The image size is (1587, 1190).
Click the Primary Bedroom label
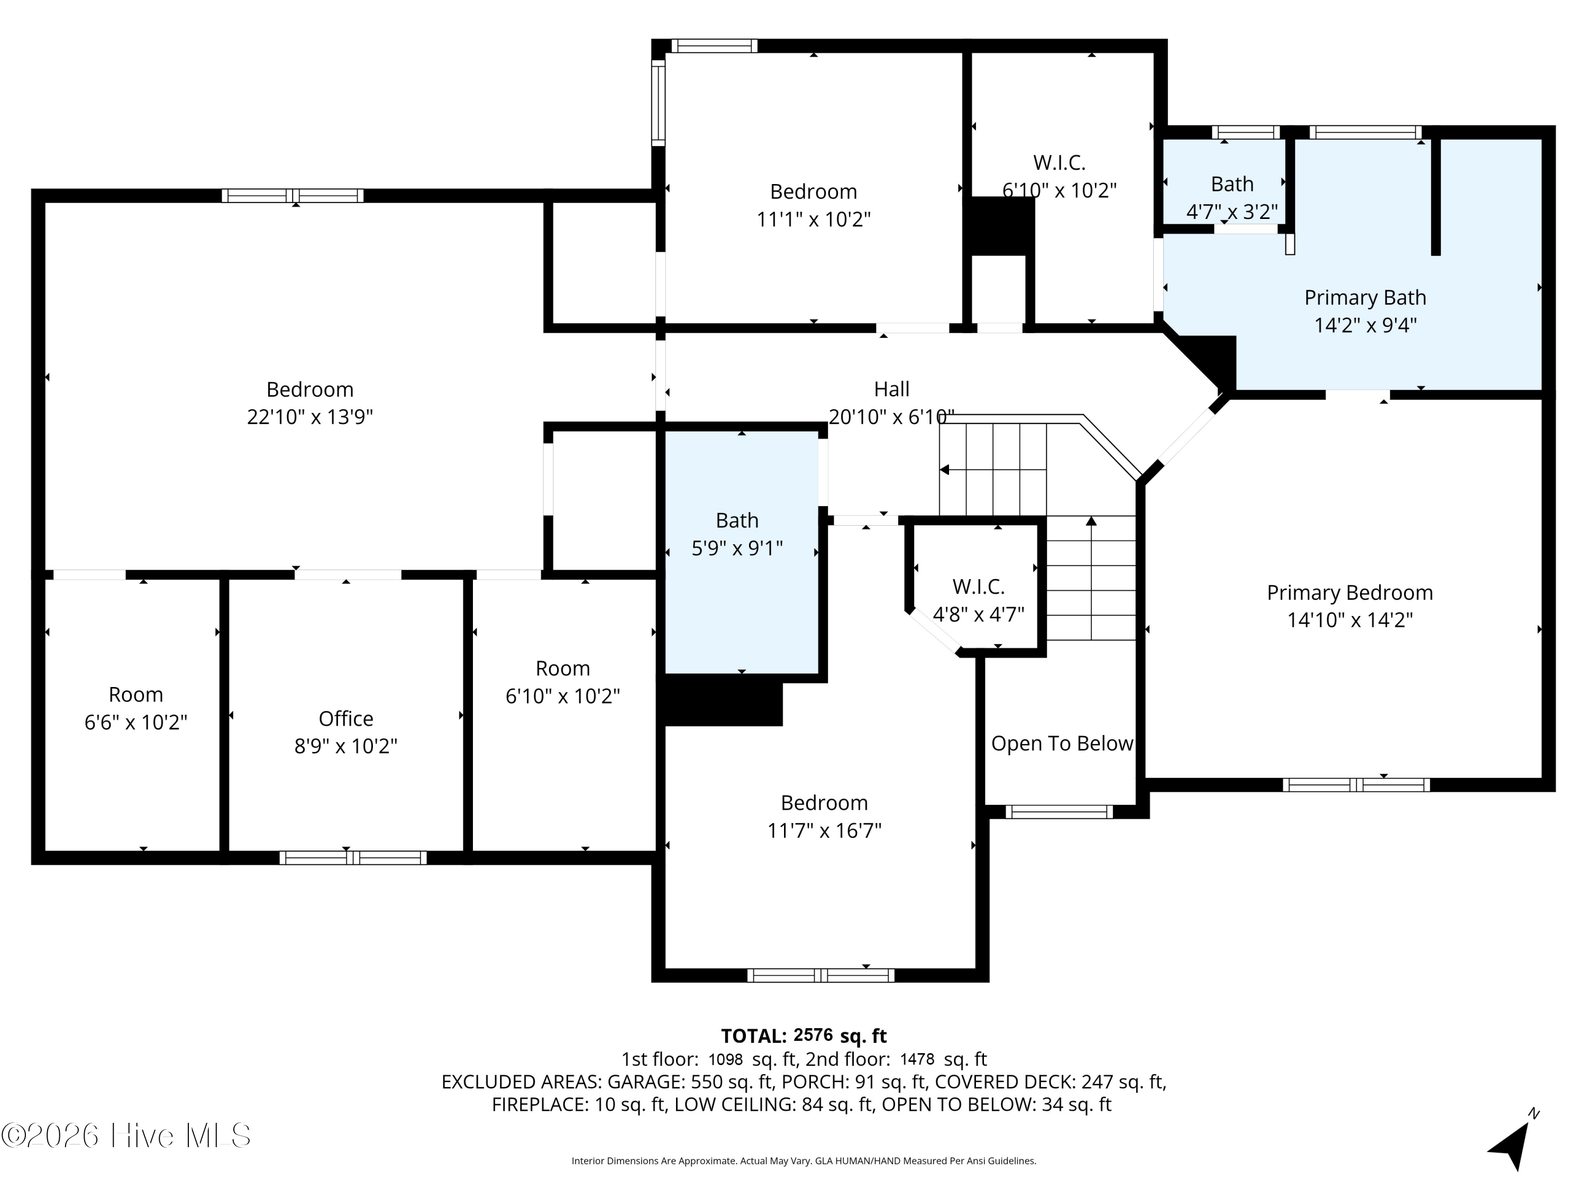[1349, 592]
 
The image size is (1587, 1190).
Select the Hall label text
[891, 389]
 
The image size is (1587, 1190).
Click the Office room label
[346, 718]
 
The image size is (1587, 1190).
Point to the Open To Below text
[1062, 743]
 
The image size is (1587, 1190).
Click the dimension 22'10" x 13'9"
[310, 417]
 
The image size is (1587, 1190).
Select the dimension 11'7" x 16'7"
[824, 830]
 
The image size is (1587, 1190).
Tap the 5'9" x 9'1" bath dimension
[737, 548]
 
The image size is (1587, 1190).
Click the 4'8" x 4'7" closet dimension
[979, 614]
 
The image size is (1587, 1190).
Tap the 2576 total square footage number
[813, 1035]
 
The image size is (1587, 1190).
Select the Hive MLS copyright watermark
[126, 1135]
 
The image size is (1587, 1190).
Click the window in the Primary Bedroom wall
[1356, 785]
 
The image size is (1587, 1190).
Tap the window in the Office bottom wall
[353, 858]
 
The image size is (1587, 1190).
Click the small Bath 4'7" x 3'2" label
[1232, 198]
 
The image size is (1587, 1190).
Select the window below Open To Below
[1059, 812]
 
